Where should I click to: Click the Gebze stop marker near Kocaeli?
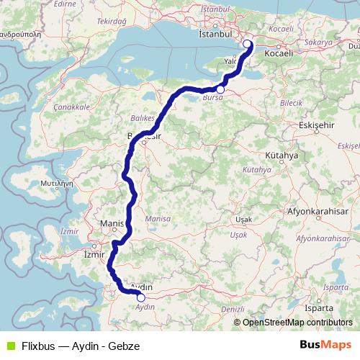pos(247,44)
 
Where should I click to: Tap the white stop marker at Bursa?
pos(220,89)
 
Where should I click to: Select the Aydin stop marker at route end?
pos(141,297)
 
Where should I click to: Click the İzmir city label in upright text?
pos(95,254)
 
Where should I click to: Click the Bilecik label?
pos(270,103)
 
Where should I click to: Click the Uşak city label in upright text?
pos(244,218)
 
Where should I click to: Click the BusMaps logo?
pos(325,345)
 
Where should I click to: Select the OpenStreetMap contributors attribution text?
pos(297,323)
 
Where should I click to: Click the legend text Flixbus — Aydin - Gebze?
pos(79,346)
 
